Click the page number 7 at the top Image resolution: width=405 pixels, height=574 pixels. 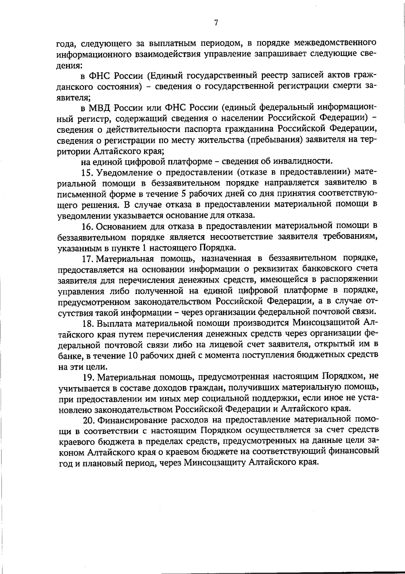[x=216, y=23]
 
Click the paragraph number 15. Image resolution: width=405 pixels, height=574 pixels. [x=88, y=173]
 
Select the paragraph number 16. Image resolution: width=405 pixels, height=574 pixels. [x=88, y=226]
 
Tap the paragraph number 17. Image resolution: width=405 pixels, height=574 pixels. [x=88, y=259]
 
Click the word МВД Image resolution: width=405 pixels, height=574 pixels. [x=101, y=108]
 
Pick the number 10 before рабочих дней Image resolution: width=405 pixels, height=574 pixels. [x=132, y=355]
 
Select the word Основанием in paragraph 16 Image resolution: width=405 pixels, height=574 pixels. [x=123, y=226]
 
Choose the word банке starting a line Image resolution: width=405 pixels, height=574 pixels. [x=67, y=356]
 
